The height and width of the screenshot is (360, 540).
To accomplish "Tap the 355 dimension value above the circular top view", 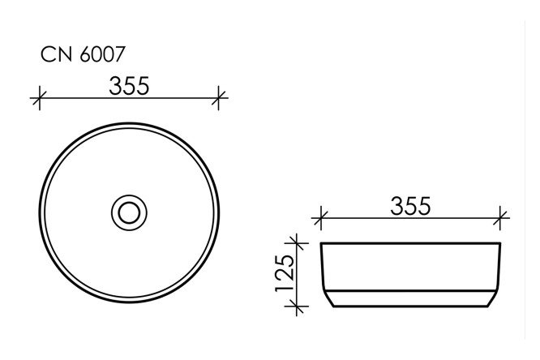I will click(128, 86).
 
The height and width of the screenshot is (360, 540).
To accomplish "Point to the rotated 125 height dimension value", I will click(283, 275).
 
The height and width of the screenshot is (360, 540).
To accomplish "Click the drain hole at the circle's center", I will click(128, 212).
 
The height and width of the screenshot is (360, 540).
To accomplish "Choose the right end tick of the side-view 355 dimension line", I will click(502, 217).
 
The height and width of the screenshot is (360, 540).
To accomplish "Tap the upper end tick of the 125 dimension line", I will click(298, 242).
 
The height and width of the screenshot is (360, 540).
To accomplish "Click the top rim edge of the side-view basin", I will click(411, 242).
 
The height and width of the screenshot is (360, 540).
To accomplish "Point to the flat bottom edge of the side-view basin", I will click(411, 307).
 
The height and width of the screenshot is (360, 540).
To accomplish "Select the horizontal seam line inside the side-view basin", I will click(411, 290).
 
